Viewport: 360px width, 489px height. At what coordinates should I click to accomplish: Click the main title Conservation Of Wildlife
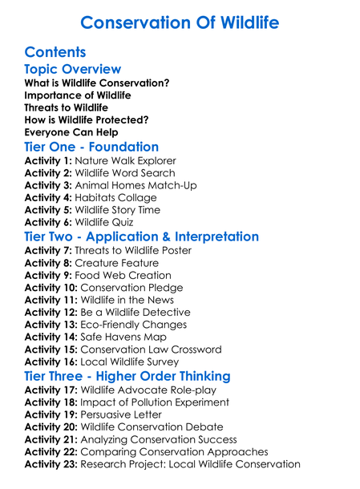pyautogui.click(x=180, y=22)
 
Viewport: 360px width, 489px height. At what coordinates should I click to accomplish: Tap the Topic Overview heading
pyautogui.click(x=73, y=70)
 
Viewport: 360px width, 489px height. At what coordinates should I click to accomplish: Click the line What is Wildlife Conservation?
pyautogui.click(x=96, y=83)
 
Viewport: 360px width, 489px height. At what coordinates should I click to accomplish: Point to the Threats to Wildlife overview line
pyautogui.click(x=66, y=107)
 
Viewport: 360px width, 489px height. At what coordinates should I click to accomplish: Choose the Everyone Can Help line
pyautogui.click(x=71, y=131)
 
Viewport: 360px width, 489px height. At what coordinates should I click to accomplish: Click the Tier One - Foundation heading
pyautogui.click(x=91, y=147)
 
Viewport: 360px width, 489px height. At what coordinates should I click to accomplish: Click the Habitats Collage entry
pyautogui.click(x=119, y=197)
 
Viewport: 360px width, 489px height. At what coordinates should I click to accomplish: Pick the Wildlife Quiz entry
pyautogui.click(x=111, y=222)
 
